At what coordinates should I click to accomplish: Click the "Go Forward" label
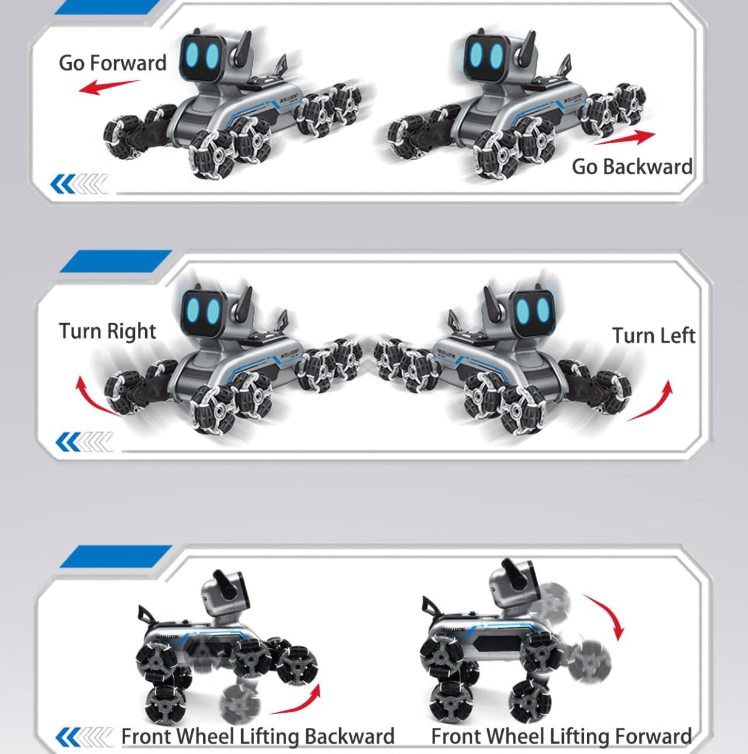coord(112,63)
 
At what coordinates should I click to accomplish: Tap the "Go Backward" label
coord(632,166)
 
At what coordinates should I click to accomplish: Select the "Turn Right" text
coord(108,331)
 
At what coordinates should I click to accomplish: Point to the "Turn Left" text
coord(653,336)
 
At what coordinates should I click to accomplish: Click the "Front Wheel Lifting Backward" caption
coord(258,736)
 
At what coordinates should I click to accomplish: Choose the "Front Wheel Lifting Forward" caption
coord(561,736)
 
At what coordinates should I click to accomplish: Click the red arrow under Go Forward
coord(108,87)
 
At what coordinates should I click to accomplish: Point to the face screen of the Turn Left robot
coord(532,311)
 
